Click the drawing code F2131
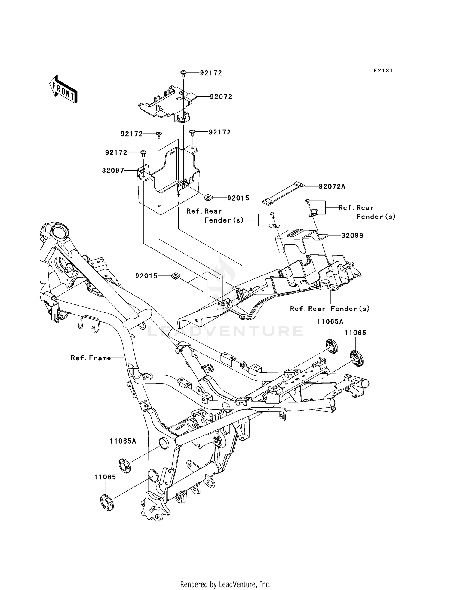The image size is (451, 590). point(383,71)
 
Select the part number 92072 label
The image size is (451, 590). point(221,97)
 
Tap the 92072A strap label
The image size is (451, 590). point(332,187)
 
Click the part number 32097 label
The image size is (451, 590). point(113,171)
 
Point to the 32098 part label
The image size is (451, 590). point(352,235)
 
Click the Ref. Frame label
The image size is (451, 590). point(91,358)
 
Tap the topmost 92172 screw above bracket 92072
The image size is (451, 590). point(183,73)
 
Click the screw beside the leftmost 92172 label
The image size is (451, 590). point(143,154)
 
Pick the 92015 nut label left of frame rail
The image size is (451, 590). point(146,276)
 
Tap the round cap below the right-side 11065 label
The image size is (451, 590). point(357,358)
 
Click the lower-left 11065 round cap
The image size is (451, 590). point(107,502)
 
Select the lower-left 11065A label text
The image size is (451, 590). point(123,441)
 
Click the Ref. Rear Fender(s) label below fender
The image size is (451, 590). point(330,309)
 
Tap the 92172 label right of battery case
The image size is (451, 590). point(220,132)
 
